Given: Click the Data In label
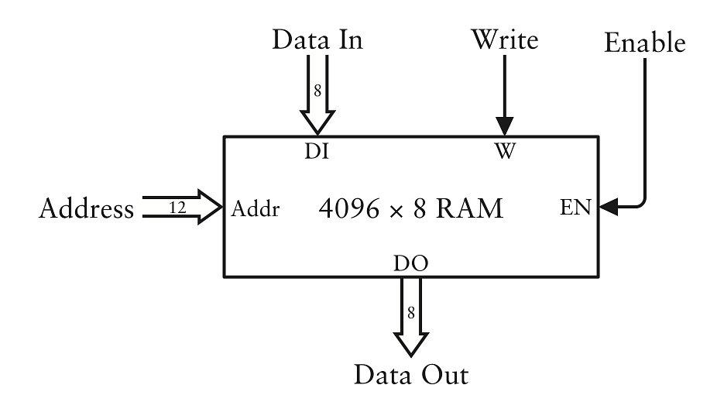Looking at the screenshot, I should coord(317,40).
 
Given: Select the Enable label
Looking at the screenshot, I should coord(645,43).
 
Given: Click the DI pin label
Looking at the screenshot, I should coord(317,150).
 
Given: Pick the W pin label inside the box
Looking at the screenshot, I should coord(504,150).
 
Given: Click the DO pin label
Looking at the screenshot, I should coord(411,265).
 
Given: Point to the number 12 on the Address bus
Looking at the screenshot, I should coord(177,207).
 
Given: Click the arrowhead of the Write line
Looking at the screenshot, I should coord(504,127).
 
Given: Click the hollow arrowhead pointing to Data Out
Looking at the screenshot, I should coord(411,343).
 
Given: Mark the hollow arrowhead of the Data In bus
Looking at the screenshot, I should coord(317,121).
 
